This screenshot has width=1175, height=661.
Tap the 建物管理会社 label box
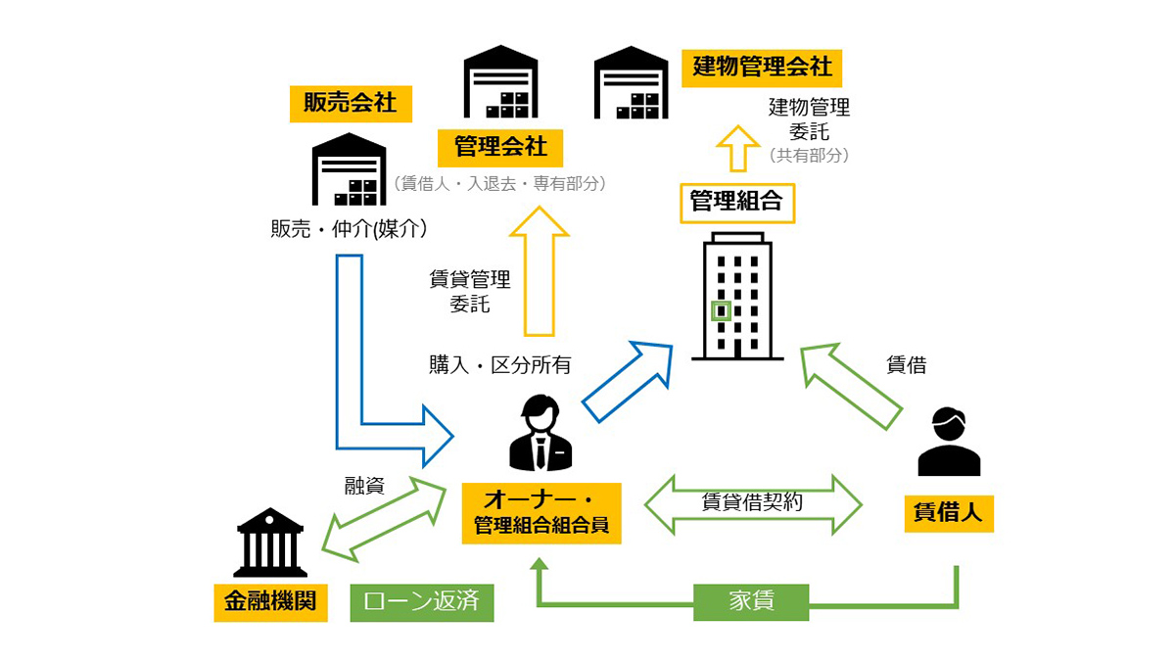[x=762, y=67]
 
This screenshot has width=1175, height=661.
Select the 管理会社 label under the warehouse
[x=500, y=148]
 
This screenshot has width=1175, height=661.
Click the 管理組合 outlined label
[x=736, y=201]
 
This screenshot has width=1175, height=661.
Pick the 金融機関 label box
[x=269, y=602]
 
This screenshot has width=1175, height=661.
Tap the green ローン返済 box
[x=422, y=602]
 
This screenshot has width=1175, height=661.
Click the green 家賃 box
[x=751, y=601]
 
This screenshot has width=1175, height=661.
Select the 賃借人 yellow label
[x=948, y=512]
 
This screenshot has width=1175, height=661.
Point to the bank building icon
[x=270, y=543]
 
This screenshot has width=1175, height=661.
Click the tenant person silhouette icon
[x=949, y=443]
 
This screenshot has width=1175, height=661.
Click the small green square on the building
[x=722, y=311]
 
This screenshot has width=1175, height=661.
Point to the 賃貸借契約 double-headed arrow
[x=752, y=503]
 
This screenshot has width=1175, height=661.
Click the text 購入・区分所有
[x=499, y=365]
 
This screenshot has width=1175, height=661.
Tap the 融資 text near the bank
[x=363, y=486]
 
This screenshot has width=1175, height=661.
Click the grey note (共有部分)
[x=809, y=155]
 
